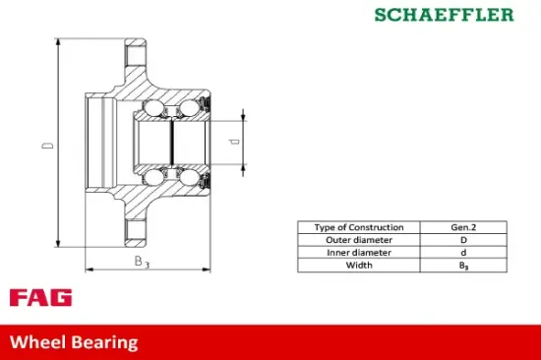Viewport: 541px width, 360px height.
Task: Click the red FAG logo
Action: click(40, 298)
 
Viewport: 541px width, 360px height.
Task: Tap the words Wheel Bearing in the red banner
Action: click(74, 342)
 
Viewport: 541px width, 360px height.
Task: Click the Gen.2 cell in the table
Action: click(464, 226)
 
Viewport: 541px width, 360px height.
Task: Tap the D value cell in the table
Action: click(464, 239)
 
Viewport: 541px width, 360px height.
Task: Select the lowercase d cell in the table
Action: click(464, 252)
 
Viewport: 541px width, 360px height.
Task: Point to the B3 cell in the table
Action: click(464, 265)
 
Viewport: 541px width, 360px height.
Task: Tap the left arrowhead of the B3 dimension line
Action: click(89, 267)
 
